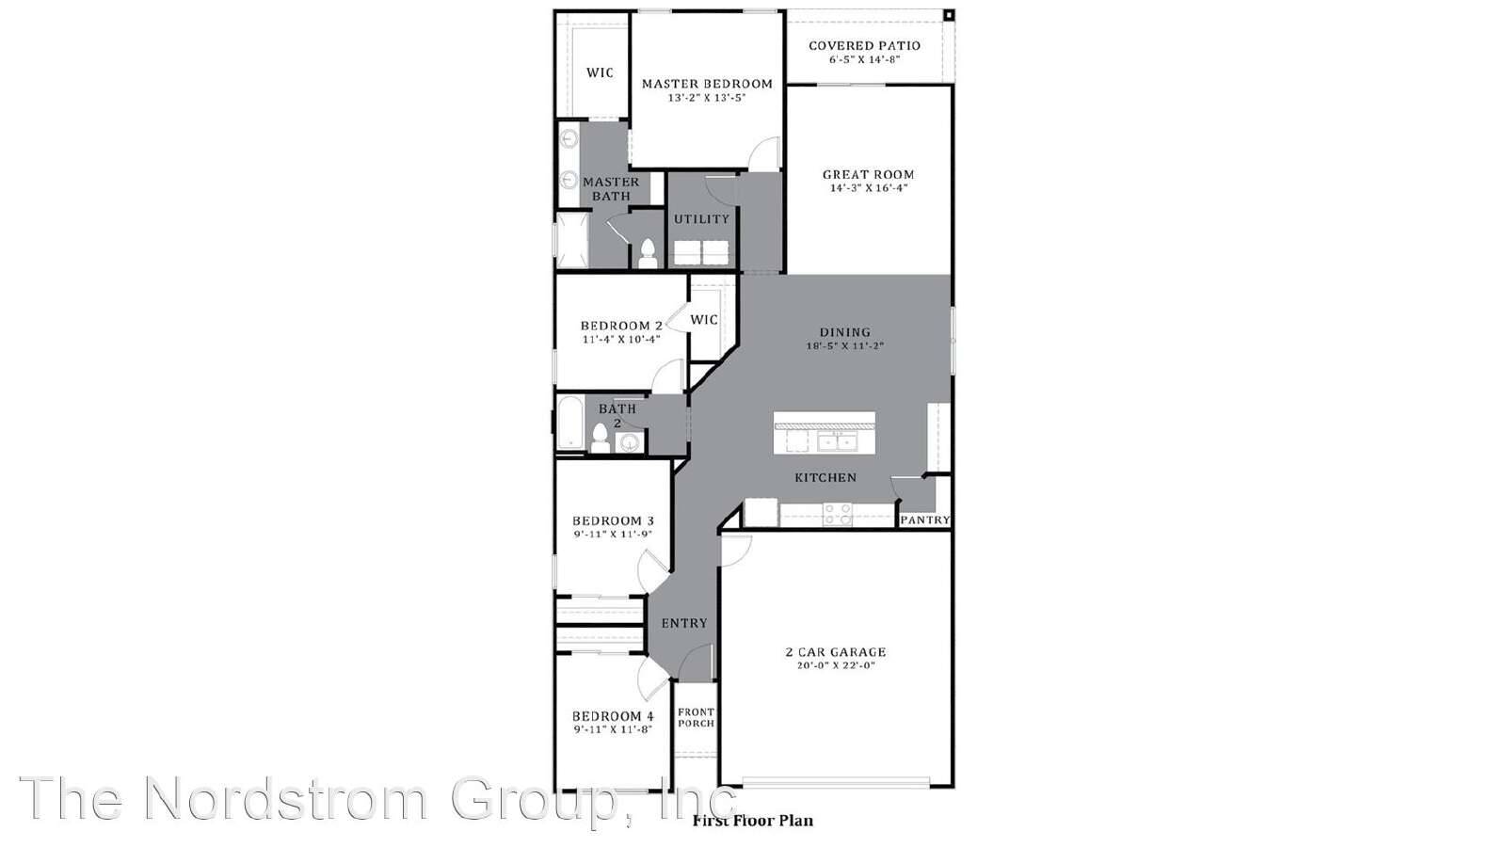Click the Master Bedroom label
[x=707, y=84]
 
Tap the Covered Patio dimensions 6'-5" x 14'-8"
[x=864, y=59]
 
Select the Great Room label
[x=868, y=174]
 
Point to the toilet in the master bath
[x=647, y=252]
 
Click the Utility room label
[x=701, y=219]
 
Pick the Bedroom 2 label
[x=621, y=326]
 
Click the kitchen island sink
[x=836, y=441]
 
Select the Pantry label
[x=925, y=519]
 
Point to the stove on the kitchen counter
[x=838, y=514]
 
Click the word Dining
[x=844, y=332]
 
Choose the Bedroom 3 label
[x=613, y=520]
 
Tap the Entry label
[x=684, y=623]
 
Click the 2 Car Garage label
[x=836, y=651]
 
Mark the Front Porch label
[x=696, y=717]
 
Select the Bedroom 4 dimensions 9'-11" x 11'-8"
[x=613, y=728]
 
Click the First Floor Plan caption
[x=752, y=821]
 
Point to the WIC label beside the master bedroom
[x=600, y=72]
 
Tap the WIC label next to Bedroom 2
[x=704, y=320]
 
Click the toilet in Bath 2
[x=600, y=438]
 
